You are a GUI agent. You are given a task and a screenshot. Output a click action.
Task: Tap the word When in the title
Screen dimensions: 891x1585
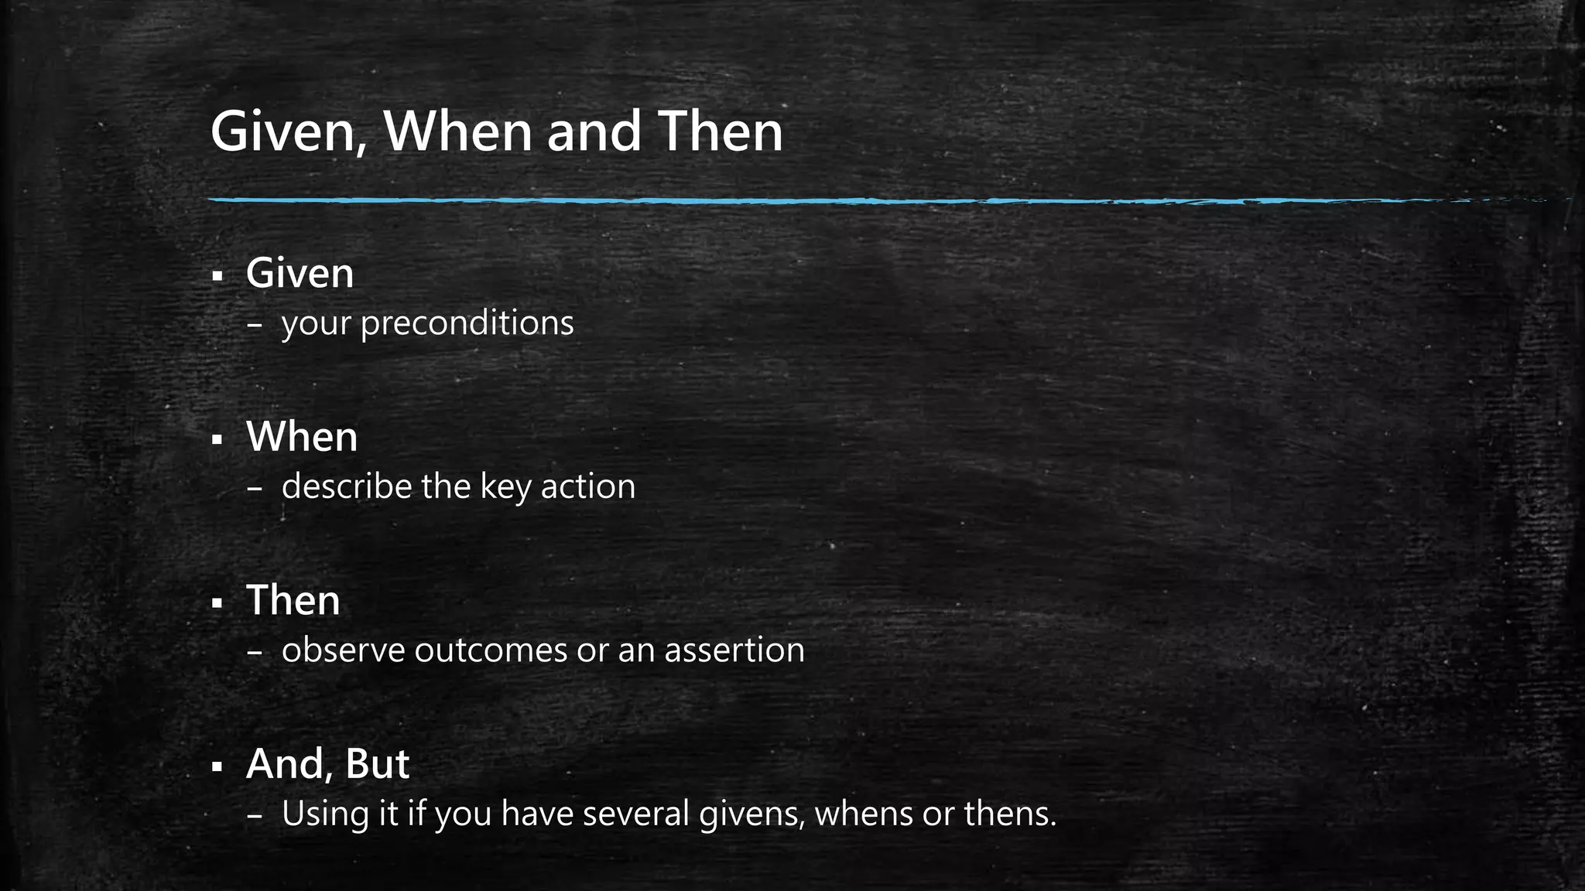tap(458, 131)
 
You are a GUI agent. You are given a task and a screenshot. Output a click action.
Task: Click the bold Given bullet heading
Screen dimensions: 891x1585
tap(300, 273)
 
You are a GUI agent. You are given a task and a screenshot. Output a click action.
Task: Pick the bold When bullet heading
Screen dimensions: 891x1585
tap(302, 437)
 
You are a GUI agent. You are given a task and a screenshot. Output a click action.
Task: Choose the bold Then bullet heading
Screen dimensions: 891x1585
tap(293, 600)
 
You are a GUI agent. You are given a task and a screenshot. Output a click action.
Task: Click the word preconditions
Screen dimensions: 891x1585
tap(467, 323)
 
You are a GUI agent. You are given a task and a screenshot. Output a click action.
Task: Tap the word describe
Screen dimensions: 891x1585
tap(347, 486)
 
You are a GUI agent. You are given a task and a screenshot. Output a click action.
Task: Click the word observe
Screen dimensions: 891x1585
tap(343, 650)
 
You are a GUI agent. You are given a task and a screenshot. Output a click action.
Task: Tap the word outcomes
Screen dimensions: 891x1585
tap(491, 650)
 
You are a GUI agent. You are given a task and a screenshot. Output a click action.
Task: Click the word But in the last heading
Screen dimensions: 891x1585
tap(377, 764)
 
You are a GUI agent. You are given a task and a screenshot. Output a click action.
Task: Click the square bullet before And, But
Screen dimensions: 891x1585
tap(217, 767)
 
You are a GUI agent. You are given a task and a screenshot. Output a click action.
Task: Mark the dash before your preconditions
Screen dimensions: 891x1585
tap(254, 326)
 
